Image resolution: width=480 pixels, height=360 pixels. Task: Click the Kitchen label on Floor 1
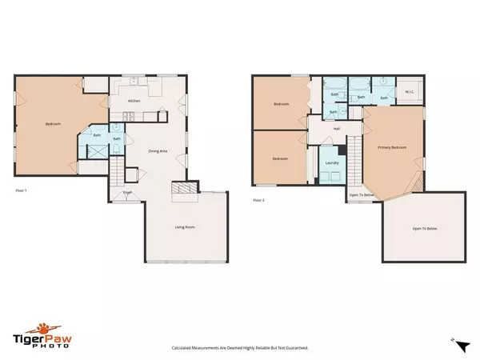(135, 101)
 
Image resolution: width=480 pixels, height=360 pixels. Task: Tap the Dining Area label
(158, 151)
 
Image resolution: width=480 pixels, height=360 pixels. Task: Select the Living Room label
(186, 228)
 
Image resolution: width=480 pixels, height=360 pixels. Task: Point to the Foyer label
(127, 193)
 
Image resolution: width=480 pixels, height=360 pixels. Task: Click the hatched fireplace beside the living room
(183, 189)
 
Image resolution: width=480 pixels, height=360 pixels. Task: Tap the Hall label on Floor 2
(337, 128)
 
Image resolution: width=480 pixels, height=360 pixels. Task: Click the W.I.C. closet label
(410, 92)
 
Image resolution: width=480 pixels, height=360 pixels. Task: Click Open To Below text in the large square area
(424, 229)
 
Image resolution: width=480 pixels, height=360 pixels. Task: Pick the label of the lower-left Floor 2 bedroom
(279, 158)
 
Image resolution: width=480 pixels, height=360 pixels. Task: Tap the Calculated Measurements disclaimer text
(240, 348)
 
